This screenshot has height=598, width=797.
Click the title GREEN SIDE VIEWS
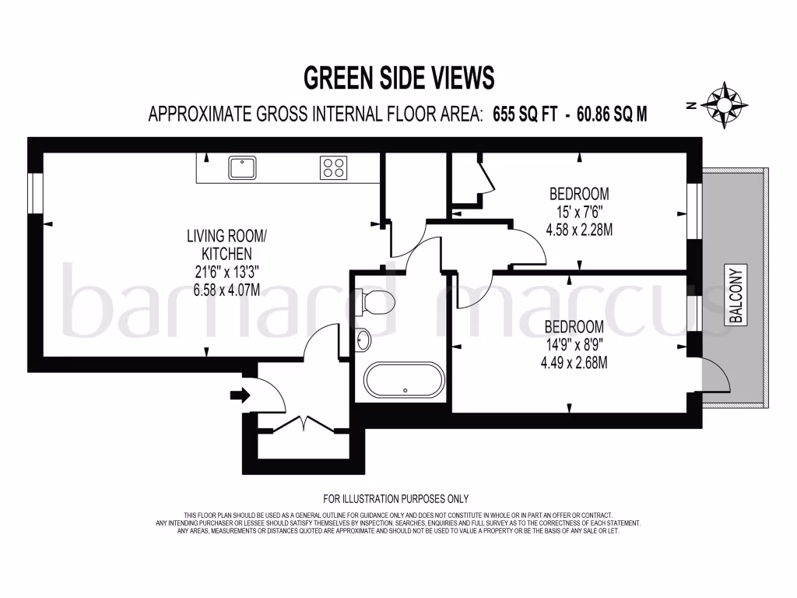(x=398, y=78)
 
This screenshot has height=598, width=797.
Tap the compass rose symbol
(x=725, y=104)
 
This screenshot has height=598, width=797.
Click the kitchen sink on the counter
(x=243, y=167)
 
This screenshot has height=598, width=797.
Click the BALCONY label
(x=736, y=295)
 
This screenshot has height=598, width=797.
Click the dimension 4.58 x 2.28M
(x=580, y=230)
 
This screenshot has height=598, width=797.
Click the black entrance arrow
(x=241, y=396)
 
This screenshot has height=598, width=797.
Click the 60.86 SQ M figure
(x=611, y=114)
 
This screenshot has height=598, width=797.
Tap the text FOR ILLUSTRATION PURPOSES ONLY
(x=396, y=498)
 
